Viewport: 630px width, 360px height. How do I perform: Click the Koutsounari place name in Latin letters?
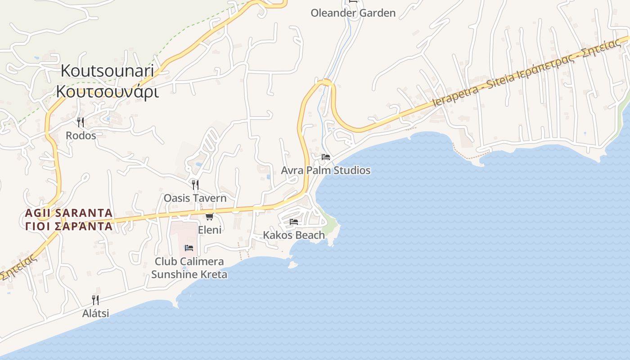(x=107, y=71)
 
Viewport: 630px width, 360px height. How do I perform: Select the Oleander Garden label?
(x=353, y=13)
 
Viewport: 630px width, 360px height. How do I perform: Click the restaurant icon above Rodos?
(x=81, y=122)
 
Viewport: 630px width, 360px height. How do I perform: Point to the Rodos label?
(x=81, y=135)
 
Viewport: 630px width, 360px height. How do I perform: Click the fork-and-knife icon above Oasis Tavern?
(x=195, y=184)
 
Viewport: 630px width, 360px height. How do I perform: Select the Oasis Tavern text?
(x=195, y=198)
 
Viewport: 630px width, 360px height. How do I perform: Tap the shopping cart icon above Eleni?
(x=209, y=216)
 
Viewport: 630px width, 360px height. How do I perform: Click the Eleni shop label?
(x=210, y=230)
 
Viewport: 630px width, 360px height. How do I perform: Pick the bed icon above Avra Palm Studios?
(x=326, y=157)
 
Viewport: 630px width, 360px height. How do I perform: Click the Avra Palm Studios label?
(x=325, y=171)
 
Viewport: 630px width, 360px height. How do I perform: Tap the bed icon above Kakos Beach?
(x=294, y=221)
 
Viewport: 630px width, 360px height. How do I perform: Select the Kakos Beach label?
(x=294, y=235)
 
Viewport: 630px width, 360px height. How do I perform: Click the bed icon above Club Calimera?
(x=189, y=248)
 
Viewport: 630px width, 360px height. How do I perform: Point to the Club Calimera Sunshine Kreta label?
(x=189, y=268)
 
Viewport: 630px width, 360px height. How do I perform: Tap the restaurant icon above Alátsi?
(x=95, y=300)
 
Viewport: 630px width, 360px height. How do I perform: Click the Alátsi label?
(x=95, y=313)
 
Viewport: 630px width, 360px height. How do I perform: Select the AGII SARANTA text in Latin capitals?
(x=69, y=212)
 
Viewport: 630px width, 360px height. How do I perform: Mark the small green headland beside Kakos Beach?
(x=332, y=225)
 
